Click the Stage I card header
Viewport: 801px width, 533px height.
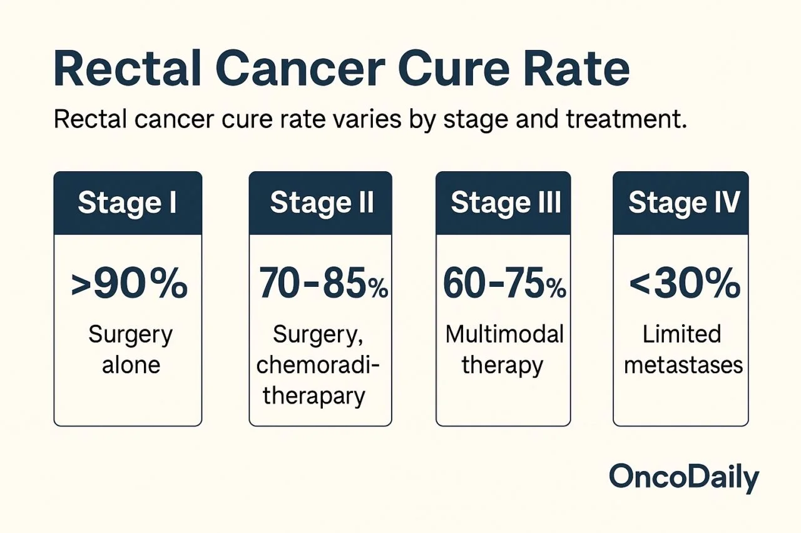point(128,204)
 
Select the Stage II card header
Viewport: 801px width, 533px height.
point(320,204)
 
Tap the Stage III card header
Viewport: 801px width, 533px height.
point(503,204)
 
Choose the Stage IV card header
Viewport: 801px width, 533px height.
point(681,204)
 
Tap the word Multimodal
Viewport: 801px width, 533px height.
point(503,334)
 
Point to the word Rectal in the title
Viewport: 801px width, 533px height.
point(129,71)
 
